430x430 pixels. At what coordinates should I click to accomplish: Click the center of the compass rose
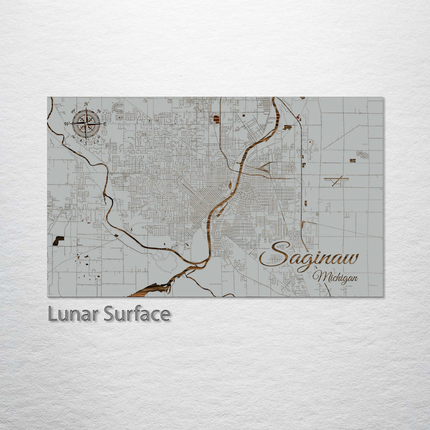(x=87, y=124)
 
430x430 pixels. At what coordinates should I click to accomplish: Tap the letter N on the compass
(x=87, y=105)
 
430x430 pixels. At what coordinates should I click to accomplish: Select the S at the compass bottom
(x=87, y=143)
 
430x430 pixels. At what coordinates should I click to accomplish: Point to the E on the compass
(x=106, y=124)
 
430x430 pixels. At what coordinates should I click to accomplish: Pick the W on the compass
(x=67, y=124)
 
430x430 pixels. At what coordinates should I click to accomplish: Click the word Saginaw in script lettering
(x=309, y=257)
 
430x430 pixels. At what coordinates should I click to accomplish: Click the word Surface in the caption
(x=137, y=314)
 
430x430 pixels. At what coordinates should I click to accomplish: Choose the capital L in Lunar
(x=53, y=314)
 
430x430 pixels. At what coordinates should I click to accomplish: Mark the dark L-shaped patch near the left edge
(x=58, y=240)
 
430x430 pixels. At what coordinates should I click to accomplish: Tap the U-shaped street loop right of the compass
(x=118, y=108)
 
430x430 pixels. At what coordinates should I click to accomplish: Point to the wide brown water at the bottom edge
(x=149, y=289)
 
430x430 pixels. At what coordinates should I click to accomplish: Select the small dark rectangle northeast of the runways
(x=352, y=160)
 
